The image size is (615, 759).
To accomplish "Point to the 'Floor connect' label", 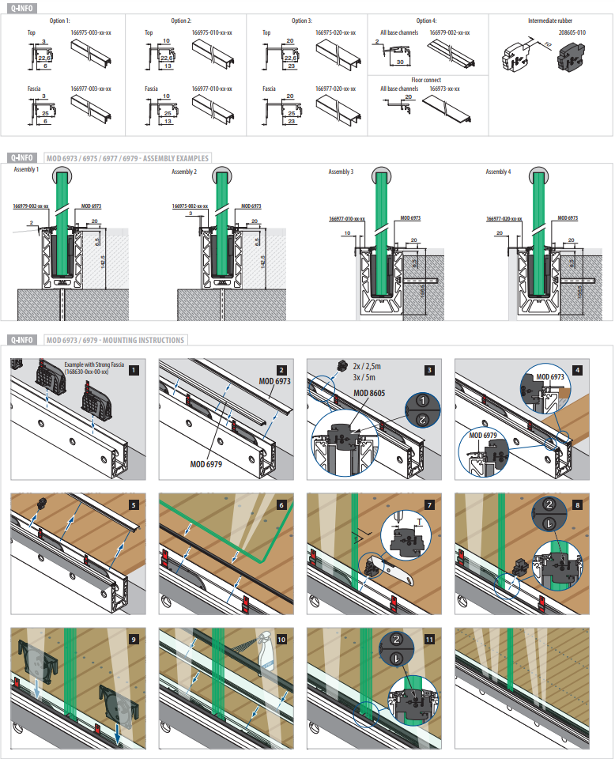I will point(426,80).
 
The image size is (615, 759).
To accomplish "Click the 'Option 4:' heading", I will point(425,21).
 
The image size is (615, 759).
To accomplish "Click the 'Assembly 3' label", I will point(341,172).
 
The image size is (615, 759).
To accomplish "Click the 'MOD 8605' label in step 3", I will point(370,393).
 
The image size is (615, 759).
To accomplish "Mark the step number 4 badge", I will point(577,369).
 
